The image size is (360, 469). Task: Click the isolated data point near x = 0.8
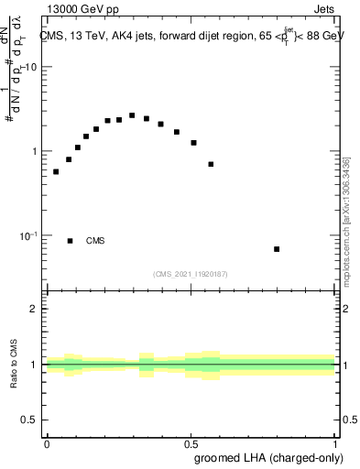[x=277, y=249]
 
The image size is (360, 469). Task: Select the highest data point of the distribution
[x=132, y=115]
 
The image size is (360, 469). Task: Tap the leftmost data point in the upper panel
[x=56, y=171]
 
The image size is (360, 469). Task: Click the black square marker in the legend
[x=71, y=241]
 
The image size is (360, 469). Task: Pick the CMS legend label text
[x=95, y=241]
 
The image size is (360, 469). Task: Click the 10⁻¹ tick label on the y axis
[x=30, y=235]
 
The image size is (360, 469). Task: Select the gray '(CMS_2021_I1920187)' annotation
[x=191, y=273]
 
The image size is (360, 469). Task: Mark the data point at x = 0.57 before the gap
[x=211, y=164]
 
